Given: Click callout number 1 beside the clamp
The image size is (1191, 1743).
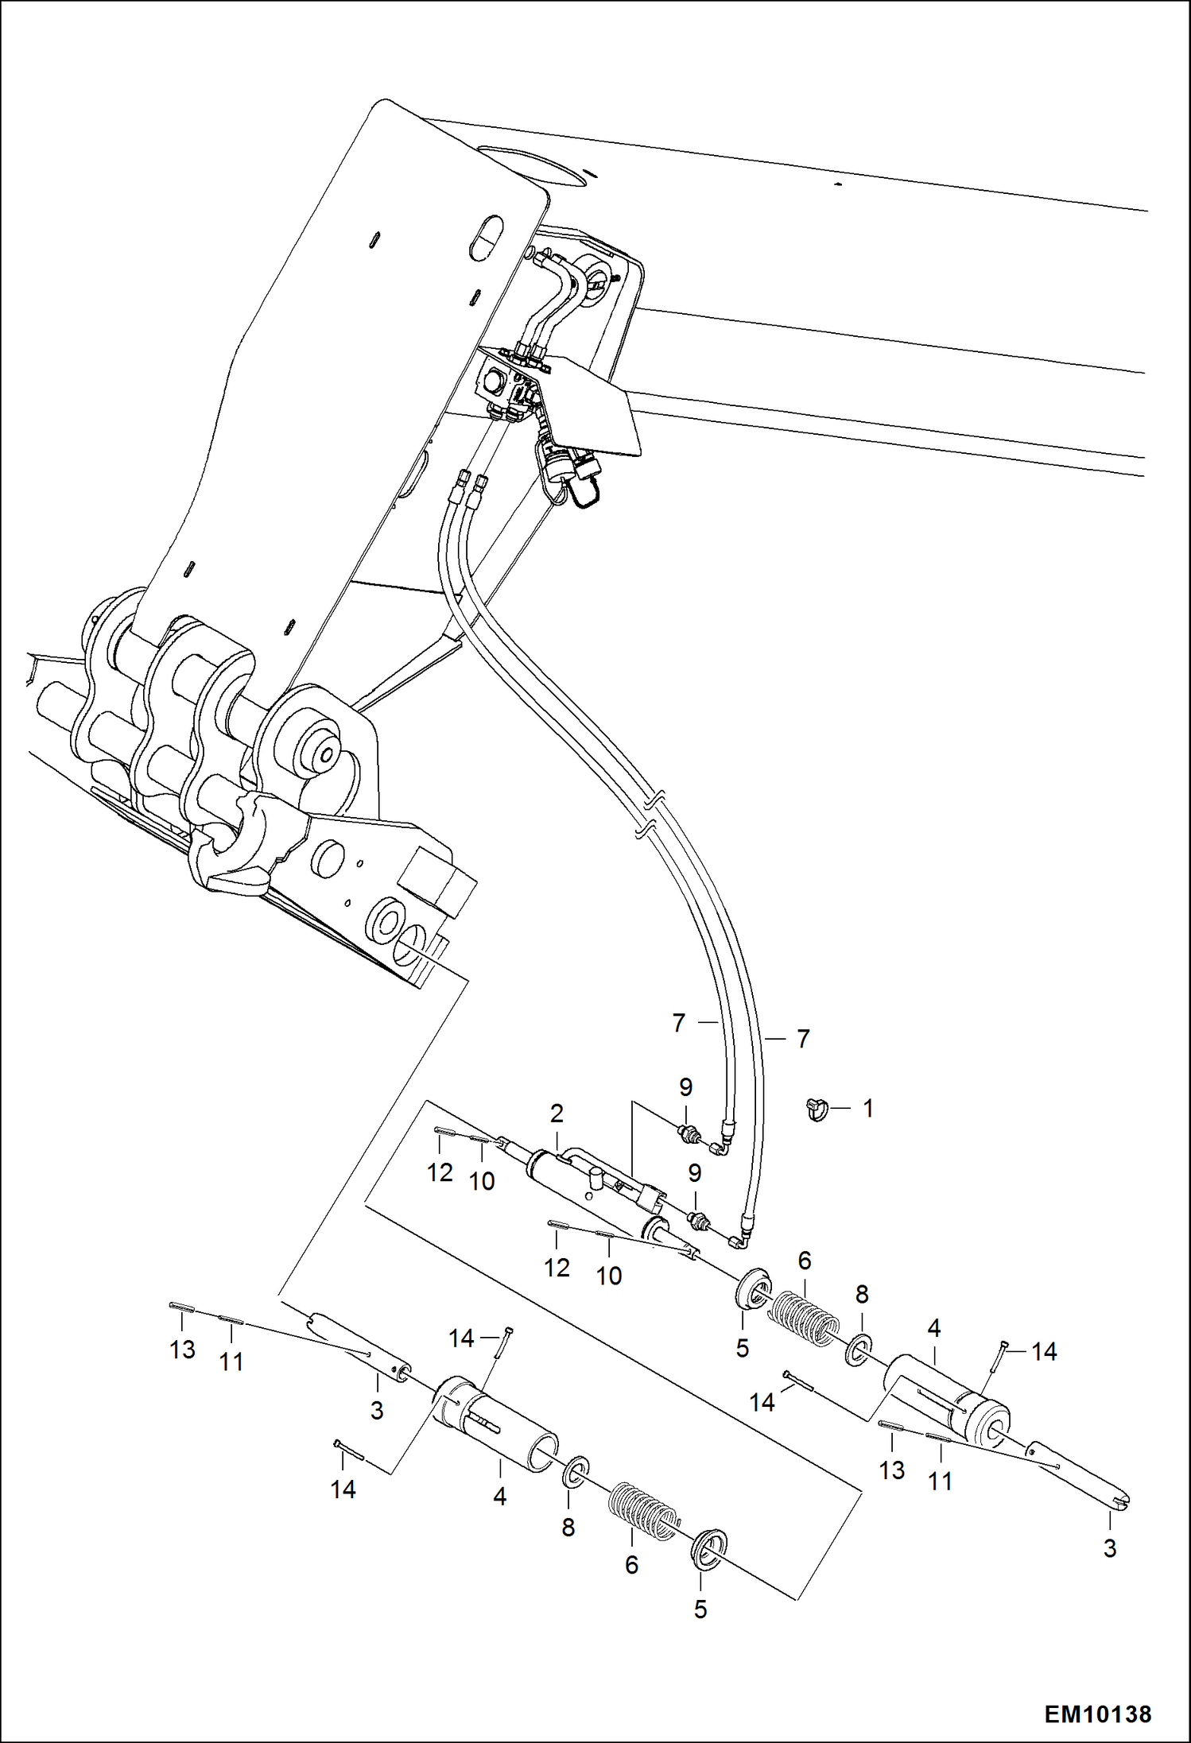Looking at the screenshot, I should pos(868,1108).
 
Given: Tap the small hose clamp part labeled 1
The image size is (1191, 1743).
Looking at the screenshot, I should pos(817,1107).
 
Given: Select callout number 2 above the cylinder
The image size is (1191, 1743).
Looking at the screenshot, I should pos(557,1114).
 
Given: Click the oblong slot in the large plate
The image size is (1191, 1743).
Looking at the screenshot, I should pos(487,237).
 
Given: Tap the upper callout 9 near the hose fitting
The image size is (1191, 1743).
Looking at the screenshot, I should pos(685,1086).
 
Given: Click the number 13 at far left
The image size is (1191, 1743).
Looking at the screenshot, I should pos(182,1349).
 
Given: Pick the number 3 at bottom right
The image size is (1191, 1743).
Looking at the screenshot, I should pos(1109,1548).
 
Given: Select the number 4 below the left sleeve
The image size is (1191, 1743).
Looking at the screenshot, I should pos(499,1497).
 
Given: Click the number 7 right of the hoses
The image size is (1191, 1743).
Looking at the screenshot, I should pos(803,1039).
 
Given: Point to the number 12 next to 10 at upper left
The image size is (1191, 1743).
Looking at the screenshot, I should pos(440,1172).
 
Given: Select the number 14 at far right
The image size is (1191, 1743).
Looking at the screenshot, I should pos(1044,1351).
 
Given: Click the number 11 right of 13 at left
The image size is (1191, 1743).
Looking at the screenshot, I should pos(231,1361).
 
